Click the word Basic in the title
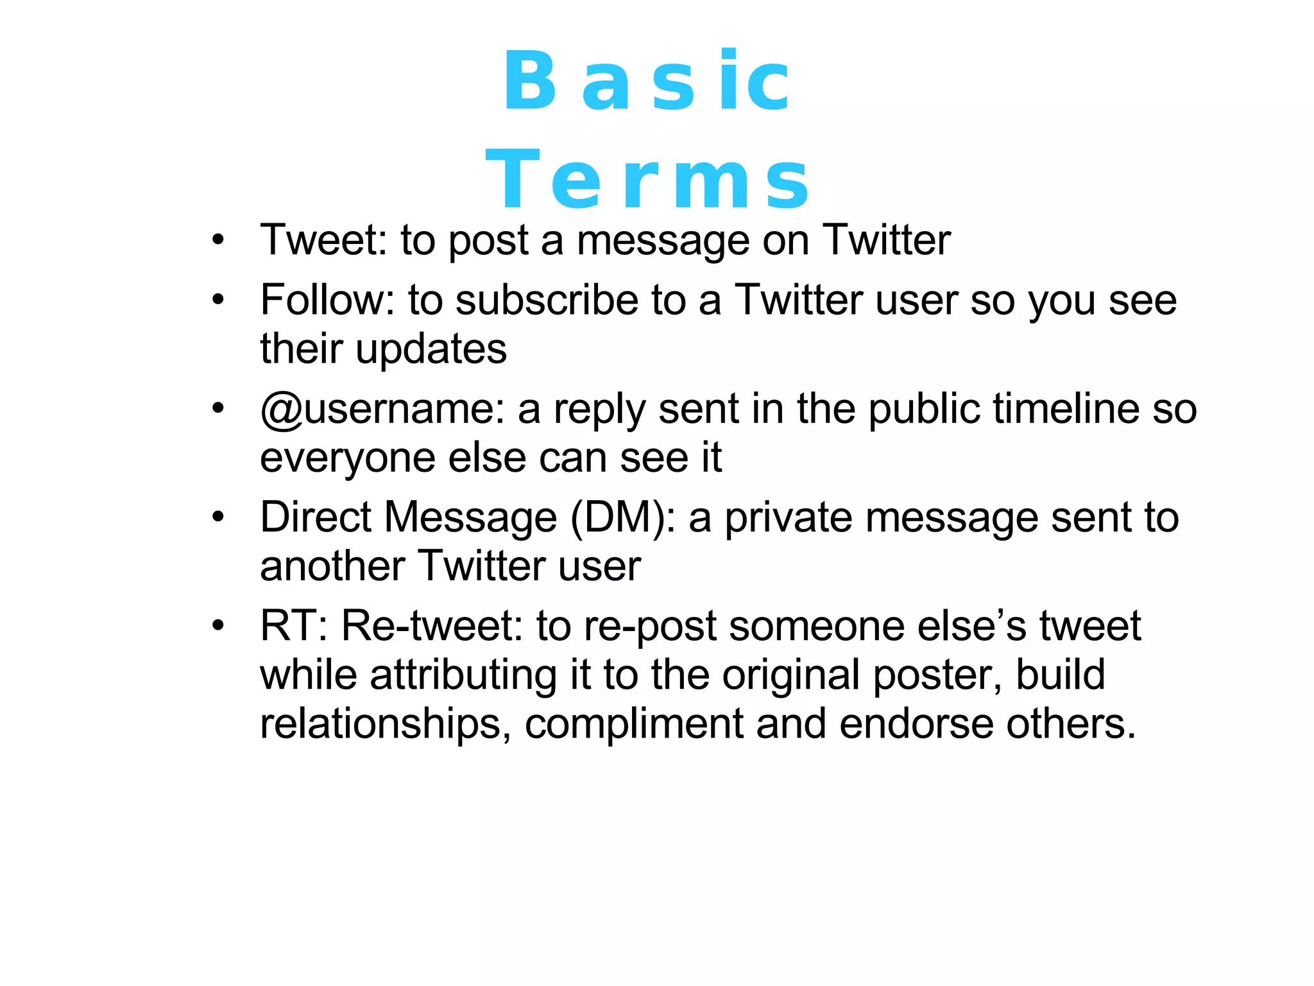point(647,82)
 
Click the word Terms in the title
point(648,179)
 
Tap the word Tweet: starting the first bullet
point(323,240)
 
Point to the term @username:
point(382,409)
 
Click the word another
point(332,566)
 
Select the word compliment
point(634,724)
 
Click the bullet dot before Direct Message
point(219,516)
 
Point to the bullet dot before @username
point(219,408)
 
